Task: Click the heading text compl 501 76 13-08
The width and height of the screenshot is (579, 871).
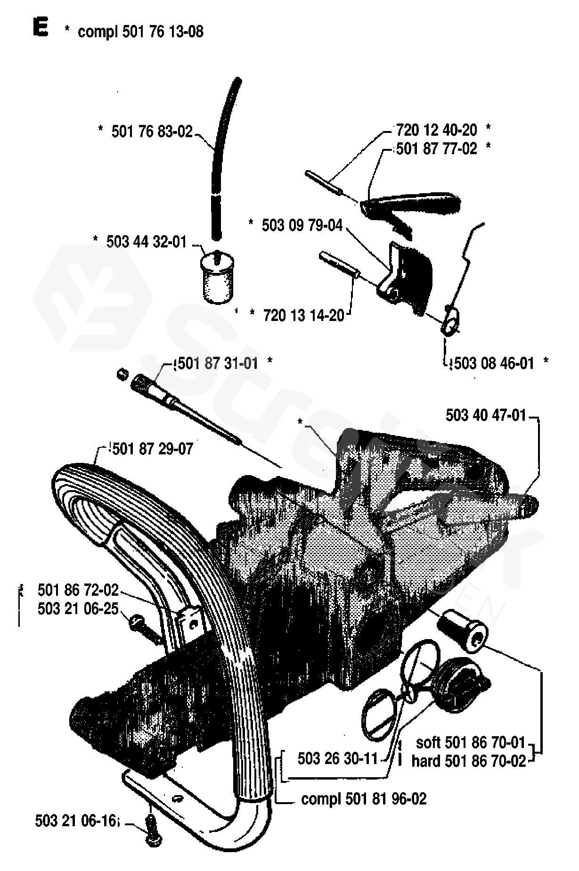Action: [x=140, y=32]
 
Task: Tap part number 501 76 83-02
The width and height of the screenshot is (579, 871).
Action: [x=152, y=131]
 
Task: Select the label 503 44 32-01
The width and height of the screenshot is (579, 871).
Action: [x=147, y=242]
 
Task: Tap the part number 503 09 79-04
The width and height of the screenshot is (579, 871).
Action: [x=302, y=225]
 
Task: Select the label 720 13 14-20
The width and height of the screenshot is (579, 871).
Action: [x=304, y=315]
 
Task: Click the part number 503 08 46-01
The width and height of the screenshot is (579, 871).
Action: [x=493, y=363]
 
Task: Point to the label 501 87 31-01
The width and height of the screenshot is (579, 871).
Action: [x=216, y=363]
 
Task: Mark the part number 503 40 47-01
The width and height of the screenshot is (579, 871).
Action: [x=485, y=415]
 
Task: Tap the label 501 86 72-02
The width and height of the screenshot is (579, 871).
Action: [x=78, y=590]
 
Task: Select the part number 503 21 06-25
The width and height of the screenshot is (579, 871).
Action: [x=78, y=609]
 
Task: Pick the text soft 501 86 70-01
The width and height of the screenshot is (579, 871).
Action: [x=470, y=743]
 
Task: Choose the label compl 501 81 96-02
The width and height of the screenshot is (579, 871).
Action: [x=364, y=799]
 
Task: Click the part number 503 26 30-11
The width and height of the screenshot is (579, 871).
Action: [x=338, y=758]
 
